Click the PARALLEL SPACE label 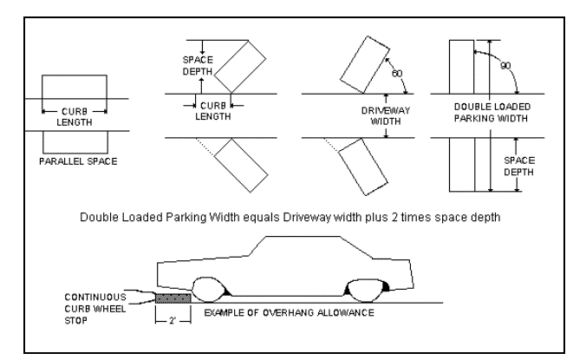tap(78, 161)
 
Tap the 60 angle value tap(397, 74)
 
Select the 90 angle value tap(505, 66)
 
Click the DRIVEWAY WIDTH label tap(386, 115)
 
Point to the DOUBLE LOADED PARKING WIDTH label tap(492, 112)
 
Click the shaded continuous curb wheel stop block tap(173, 298)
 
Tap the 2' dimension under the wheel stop tap(173, 321)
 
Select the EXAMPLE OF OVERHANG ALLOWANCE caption tap(289, 313)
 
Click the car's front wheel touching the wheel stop tap(207, 290)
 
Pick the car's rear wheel tap(366, 291)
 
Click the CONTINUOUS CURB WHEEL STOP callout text tap(95, 309)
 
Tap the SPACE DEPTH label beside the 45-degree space tap(198, 65)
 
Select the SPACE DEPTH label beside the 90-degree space tap(519, 166)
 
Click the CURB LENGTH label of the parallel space tap(75, 117)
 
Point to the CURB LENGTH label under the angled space tap(213, 111)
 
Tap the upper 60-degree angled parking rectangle tap(365, 64)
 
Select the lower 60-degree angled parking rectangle tap(363, 167)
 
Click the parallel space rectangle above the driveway tap(75, 87)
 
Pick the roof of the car tap(303, 237)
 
